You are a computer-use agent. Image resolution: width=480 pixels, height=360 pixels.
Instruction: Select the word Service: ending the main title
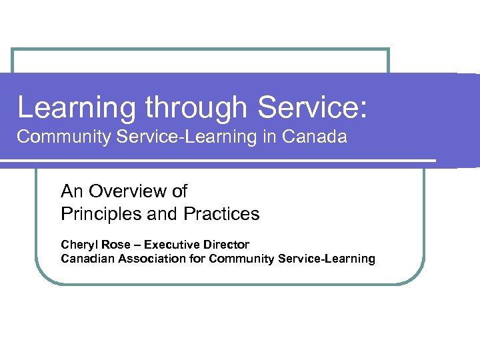click(312, 107)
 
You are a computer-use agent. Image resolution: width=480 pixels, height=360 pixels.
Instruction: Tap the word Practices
click(218, 214)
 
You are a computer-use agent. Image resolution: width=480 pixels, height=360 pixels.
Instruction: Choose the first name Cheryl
click(79, 245)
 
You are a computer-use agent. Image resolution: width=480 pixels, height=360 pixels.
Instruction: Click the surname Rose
click(115, 245)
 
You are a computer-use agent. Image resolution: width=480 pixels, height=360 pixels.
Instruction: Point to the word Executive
click(173, 245)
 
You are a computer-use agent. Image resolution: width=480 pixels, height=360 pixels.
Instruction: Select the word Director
click(225, 245)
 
